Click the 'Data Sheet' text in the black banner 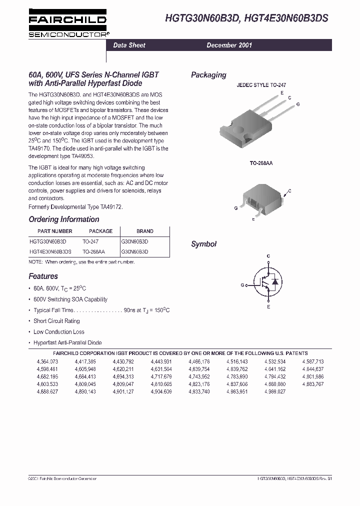point(129,45)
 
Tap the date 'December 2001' point(229,45)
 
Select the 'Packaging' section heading point(208,75)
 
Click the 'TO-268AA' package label point(261,163)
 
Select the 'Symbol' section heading point(203,244)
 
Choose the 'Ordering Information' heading point(64,219)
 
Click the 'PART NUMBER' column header point(55,231)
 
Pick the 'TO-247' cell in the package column point(90,241)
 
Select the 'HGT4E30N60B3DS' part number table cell point(50,252)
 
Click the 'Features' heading point(43,276)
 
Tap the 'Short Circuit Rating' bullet point(56,321)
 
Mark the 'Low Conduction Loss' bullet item point(58,332)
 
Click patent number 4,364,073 point(47,361)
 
